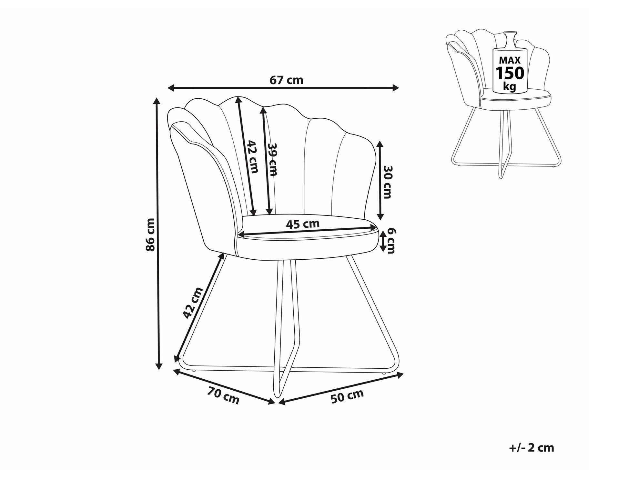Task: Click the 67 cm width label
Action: pyautogui.click(x=286, y=80)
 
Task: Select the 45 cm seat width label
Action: pyautogui.click(x=303, y=224)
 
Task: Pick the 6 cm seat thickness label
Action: pyautogui.click(x=391, y=241)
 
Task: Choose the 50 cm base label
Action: pyautogui.click(x=347, y=396)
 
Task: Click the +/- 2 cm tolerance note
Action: pyautogui.click(x=532, y=447)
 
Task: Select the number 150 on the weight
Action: pyautogui.click(x=510, y=73)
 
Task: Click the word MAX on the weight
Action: pyautogui.click(x=510, y=60)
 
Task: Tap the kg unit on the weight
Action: pyautogui.click(x=510, y=86)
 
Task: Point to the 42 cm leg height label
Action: pyautogui.click(x=193, y=303)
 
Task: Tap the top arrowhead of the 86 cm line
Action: pyautogui.click(x=158, y=101)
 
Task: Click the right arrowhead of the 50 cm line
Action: pyautogui.click(x=400, y=375)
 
